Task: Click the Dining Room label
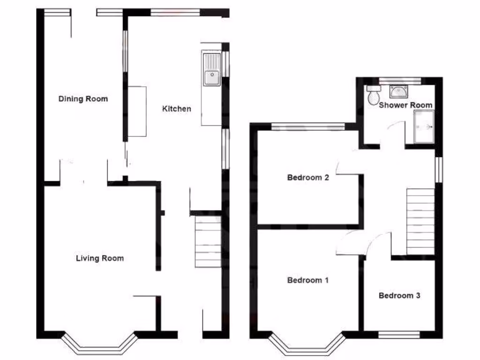[x=83, y=99]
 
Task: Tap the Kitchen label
[x=176, y=109]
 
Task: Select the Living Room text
[x=100, y=258]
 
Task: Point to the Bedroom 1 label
[x=307, y=280]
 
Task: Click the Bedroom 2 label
[x=307, y=178]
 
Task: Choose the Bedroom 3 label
[x=399, y=295]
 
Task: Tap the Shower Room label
[x=405, y=105]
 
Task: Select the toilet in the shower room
[x=374, y=96]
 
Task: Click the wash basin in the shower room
[x=398, y=91]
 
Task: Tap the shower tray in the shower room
[x=425, y=127]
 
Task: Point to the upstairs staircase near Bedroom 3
[x=420, y=221]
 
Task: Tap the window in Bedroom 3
[x=399, y=335]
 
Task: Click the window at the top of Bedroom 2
[x=308, y=126]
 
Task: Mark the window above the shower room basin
[x=399, y=80]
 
